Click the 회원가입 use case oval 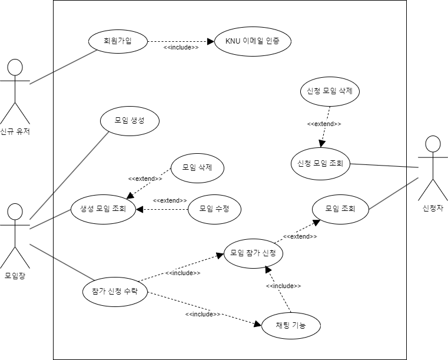click(x=118, y=41)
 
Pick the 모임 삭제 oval click(x=198, y=168)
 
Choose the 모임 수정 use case click(x=214, y=209)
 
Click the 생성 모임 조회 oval click(x=103, y=209)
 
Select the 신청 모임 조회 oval click(x=321, y=163)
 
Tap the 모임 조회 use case click(x=340, y=208)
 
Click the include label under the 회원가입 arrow click(x=181, y=48)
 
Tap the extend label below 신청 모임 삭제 click(x=324, y=124)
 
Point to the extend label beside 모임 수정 click(x=170, y=200)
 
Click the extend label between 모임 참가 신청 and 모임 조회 click(x=300, y=236)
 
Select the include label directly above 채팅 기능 click(x=283, y=286)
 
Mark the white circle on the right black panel click(x=433, y=144)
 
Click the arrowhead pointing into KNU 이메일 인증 click(x=210, y=42)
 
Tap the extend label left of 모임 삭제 click(x=145, y=179)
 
